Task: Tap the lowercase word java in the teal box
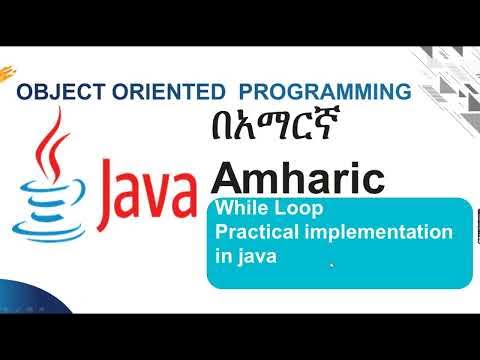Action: click(x=255, y=255)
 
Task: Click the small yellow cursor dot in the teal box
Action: click(x=331, y=264)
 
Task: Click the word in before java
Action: click(x=223, y=255)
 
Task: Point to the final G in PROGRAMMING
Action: click(x=400, y=91)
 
